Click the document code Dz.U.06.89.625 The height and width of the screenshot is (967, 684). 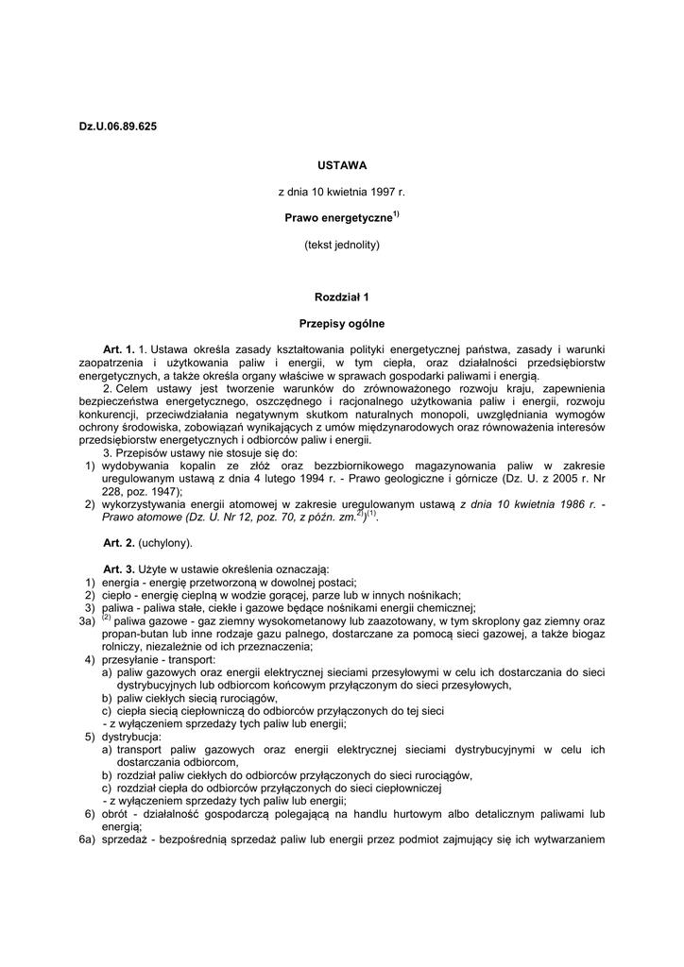coord(118,127)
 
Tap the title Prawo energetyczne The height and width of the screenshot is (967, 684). coord(338,218)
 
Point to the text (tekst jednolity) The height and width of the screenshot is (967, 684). coord(342,245)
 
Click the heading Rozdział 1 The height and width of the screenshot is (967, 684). coord(342,297)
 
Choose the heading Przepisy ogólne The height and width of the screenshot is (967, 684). coord(342,323)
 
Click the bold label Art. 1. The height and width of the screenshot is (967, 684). coord(119,349)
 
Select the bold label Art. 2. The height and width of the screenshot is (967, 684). coord(119,543)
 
